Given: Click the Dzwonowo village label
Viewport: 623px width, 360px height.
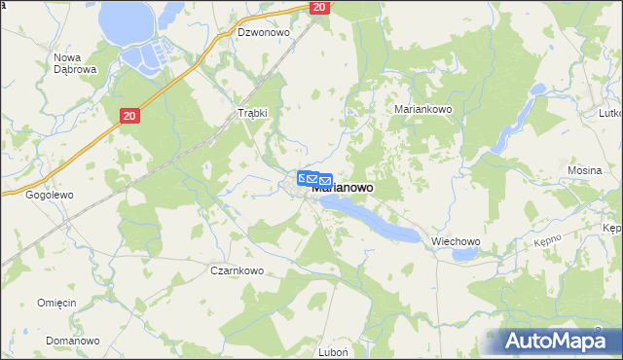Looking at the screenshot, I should point(264,32).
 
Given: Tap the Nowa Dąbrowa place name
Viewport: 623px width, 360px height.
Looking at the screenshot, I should point(73,64).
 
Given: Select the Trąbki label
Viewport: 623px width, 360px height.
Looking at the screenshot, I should point(253,113).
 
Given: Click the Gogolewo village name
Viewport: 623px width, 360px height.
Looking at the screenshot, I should point(50,195).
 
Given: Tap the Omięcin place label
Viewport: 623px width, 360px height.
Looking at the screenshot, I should point(56,303).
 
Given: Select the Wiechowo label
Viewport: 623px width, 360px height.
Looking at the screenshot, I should point(457,242).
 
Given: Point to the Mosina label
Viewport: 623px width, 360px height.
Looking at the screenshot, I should point(584,170).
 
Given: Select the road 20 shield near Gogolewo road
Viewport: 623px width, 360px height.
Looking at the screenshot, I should point(130,116).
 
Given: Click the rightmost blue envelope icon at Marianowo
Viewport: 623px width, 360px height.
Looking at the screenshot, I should point(325,181).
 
